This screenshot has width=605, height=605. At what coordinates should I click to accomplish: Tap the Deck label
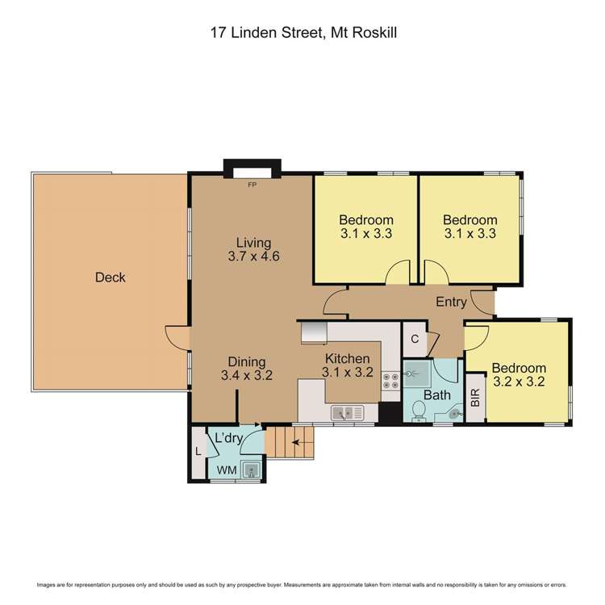tap(111, 277)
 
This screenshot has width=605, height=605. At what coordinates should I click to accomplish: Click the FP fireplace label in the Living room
tap(252, 184)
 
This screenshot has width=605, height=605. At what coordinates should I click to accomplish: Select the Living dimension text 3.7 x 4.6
tap(253, 258)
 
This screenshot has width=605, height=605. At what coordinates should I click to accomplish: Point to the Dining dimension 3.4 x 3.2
tap(247, 375)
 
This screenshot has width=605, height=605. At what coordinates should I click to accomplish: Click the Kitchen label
tap(347, 359)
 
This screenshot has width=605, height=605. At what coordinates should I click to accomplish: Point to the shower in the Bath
tap(416, 373)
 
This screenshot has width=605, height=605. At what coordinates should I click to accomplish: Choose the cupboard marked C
tap(414, 340)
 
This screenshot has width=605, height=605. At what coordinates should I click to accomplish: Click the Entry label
tap(451, 302)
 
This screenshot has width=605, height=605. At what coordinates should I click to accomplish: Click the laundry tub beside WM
tap(252, 469)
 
